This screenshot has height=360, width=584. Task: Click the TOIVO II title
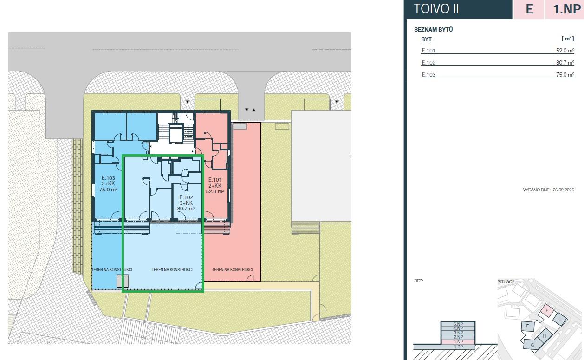436,9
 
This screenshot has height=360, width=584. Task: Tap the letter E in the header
529,9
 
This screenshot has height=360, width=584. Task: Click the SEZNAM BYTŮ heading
433,29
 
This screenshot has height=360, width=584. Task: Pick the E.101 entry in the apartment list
428,51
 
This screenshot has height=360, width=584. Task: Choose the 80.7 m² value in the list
565,63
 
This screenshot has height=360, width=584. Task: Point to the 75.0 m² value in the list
565,75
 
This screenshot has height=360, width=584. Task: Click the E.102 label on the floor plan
186,197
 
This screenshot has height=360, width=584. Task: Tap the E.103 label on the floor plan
108,178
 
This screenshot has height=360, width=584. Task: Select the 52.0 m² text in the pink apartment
215,191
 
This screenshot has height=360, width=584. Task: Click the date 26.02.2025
563,190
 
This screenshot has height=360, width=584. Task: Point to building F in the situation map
527,326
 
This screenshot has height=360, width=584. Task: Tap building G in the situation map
532,345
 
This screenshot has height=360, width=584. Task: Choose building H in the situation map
544,336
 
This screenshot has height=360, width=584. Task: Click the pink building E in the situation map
547,311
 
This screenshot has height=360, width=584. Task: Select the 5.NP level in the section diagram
458,324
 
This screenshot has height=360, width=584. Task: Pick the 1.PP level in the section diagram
458,347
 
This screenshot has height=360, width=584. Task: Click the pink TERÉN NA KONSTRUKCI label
232,270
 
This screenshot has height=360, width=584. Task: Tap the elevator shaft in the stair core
176,133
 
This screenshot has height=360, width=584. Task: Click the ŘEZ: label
418,281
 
